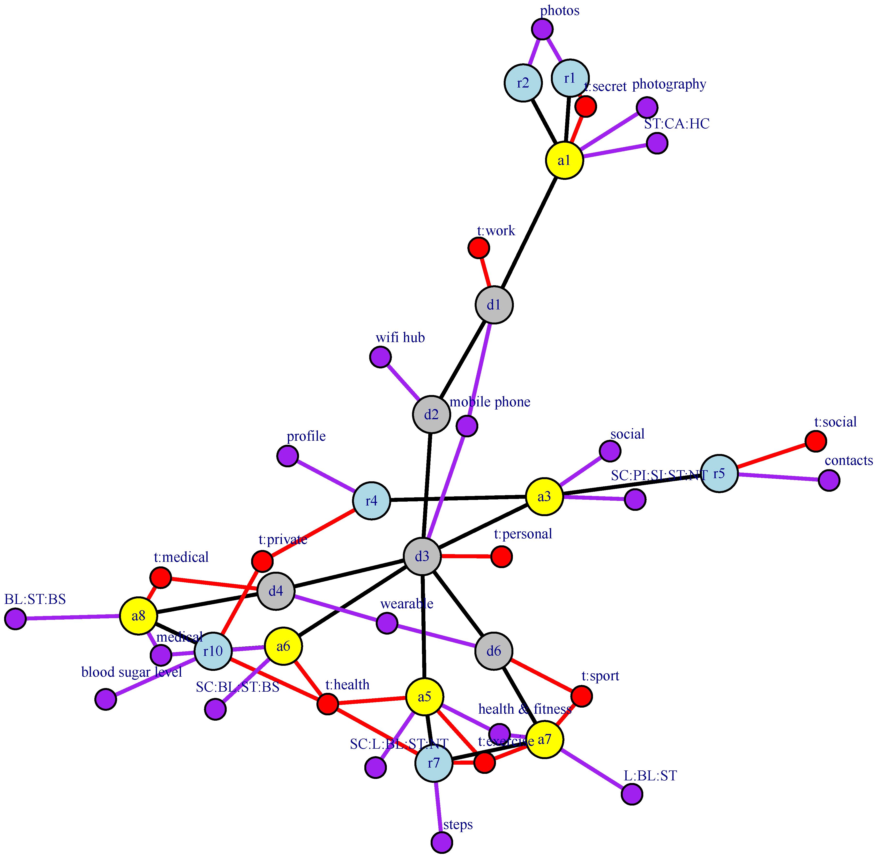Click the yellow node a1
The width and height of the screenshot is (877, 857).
[x=564, y=160]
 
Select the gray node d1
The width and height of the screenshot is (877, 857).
[x=494, y=305]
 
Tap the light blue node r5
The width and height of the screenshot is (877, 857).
[x=719, y=474]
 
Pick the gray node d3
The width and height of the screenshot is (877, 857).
[x=422, y=557]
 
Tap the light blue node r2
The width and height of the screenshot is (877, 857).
[x=523, y=83]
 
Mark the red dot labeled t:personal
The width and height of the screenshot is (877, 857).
[x=501, y=557]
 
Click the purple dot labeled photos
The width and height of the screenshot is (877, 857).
[x=542, y=29]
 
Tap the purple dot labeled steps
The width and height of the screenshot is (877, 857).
[x=442, y=842]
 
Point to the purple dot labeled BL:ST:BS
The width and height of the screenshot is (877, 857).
[x=15, y=619]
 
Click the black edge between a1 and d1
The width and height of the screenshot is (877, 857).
[x=529, y=233]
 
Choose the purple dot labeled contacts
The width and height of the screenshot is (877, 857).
[x=829, y=480]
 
